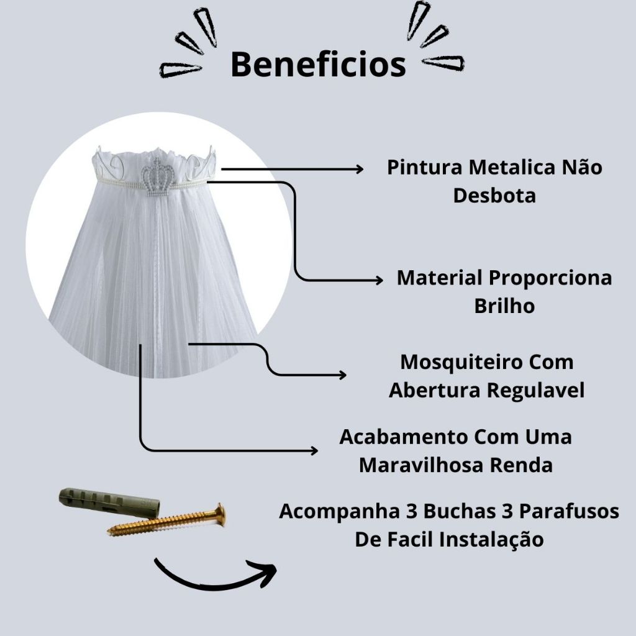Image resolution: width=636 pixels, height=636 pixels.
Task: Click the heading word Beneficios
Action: click(319, 65)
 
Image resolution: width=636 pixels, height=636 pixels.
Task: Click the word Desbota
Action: click(494, 196)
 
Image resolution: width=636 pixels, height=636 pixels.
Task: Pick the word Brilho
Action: click(504, 306)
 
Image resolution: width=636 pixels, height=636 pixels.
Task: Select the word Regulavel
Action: click(535, 390)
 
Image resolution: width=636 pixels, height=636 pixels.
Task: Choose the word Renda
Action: click(521, 465)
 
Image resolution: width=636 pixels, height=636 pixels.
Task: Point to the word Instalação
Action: click(492, 540)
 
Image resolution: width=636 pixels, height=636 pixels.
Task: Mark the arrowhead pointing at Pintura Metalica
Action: click(360, 169)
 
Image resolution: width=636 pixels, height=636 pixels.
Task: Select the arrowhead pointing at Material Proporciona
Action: click(379, 280)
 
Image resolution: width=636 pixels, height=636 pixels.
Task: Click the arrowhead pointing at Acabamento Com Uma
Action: click(314, 450)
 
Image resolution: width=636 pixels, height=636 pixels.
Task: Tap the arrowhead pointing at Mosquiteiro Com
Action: click(342, 375)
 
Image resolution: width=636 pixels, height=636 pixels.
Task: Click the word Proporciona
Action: click(550, 278)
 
